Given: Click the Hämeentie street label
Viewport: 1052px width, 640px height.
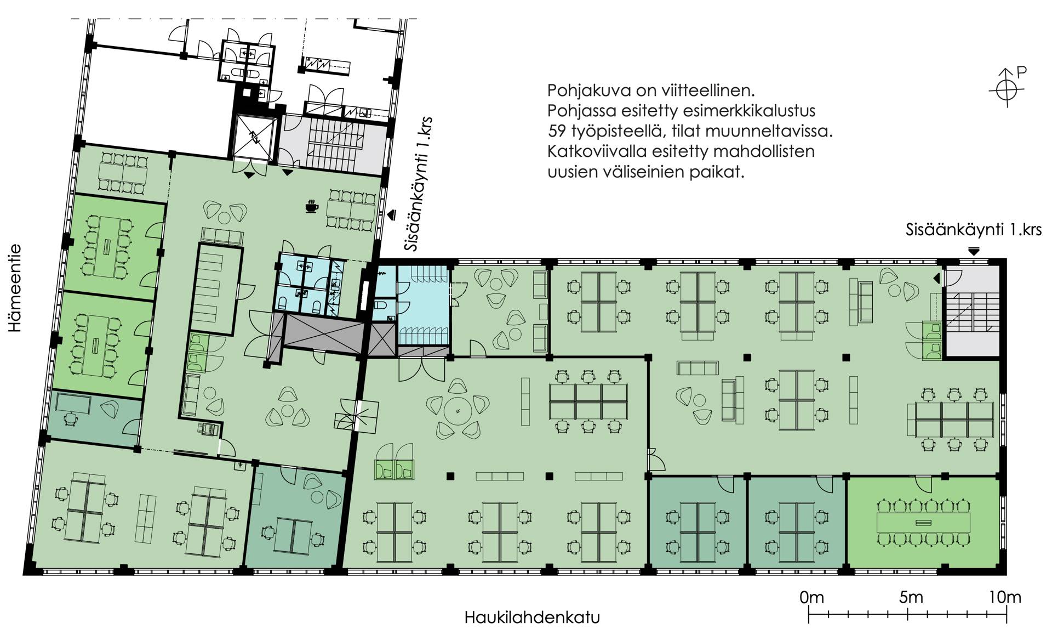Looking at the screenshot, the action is (x=15, y=288).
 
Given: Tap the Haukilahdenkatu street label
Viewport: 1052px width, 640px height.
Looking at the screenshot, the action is (x=532, y=618).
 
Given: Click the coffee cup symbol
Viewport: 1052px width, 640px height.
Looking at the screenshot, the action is (x=312, y=207).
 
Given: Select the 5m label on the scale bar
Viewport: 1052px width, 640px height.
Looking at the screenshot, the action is (x=911, y=597).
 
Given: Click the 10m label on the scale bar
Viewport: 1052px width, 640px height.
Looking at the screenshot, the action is (x=1005, y=597).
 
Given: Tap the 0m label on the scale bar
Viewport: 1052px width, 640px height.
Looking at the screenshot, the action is (x=811, y=597).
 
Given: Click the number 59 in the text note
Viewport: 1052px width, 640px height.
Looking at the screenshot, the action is (x=557, y=131).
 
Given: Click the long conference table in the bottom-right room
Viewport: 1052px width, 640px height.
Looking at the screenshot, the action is (x=923, y=522).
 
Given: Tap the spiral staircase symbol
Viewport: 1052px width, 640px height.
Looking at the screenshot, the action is (x=357, y=415).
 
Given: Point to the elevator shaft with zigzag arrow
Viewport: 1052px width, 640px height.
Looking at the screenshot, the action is (x=254, y=137).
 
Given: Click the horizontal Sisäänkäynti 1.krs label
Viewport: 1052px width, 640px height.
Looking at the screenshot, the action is (x=974, y=230).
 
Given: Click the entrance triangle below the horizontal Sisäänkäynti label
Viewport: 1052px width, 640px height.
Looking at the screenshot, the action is (x=973, y=252).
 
